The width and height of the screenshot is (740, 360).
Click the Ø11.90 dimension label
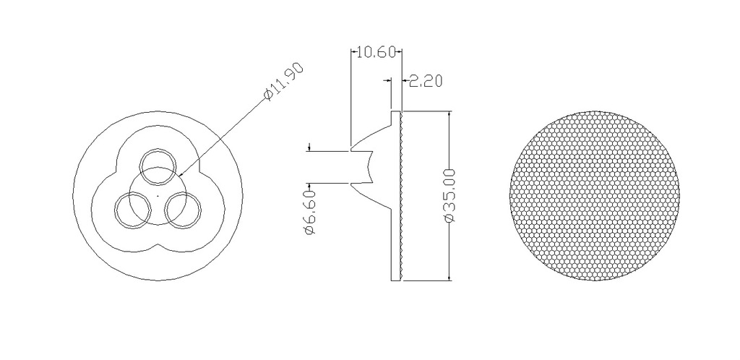(x=284, y=81)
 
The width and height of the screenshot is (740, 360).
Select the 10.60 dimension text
(x=376, y=51)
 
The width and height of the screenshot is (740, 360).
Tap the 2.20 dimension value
(x=425, y=81)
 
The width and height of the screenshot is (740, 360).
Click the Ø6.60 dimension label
(x=310, y=212)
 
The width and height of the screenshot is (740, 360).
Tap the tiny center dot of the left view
(x=158, y=195)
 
